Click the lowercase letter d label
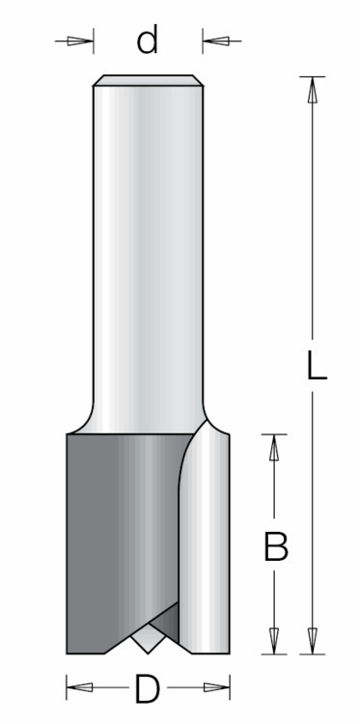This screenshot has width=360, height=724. pos(148,39)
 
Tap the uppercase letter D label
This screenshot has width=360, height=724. pos(148,688)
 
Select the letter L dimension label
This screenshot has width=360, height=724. pos(318,365)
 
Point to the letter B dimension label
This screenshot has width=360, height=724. pos(276,546)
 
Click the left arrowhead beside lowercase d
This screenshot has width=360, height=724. pos(80,42)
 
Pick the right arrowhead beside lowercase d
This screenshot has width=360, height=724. pos(215,42)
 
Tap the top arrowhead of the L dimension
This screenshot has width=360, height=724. pos(313,90)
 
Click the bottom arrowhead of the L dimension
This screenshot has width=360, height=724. pos(313,641)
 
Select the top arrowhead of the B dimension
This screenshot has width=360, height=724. pos(274,447)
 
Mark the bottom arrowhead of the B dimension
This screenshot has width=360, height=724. pos(274,641)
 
